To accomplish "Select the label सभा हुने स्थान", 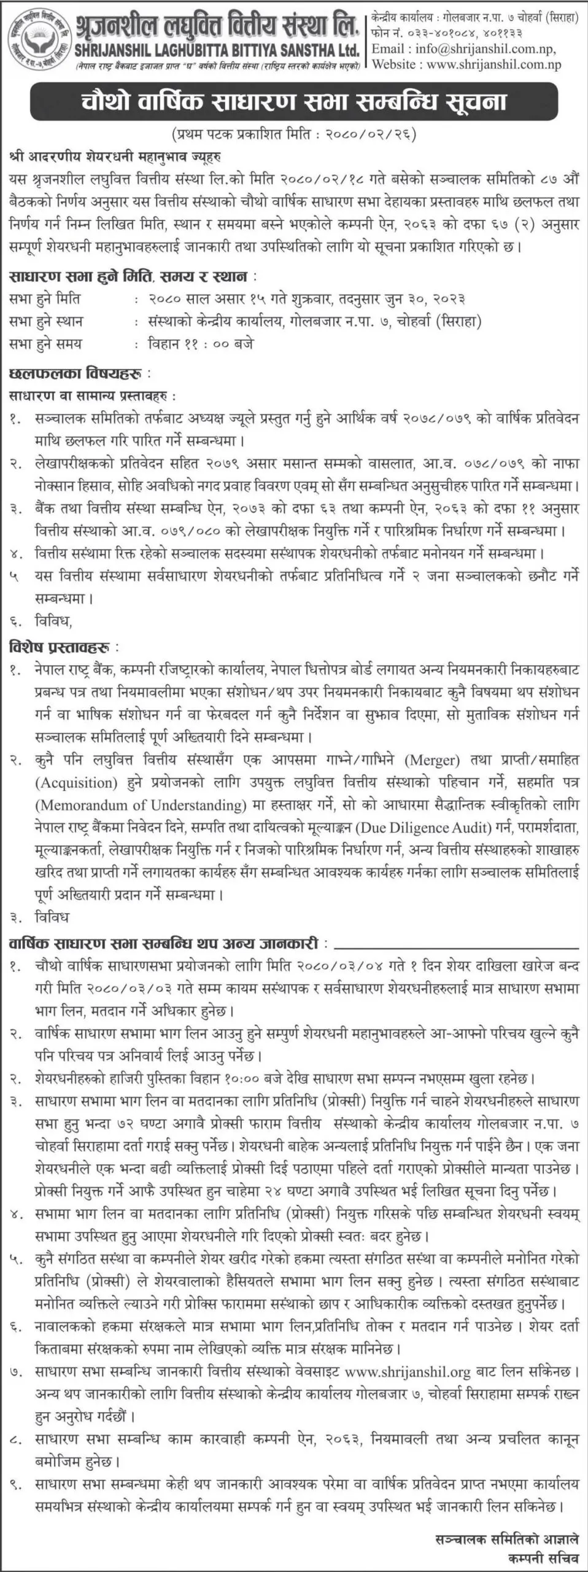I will pos(47,322).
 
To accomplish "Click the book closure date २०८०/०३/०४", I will pos(341,967).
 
